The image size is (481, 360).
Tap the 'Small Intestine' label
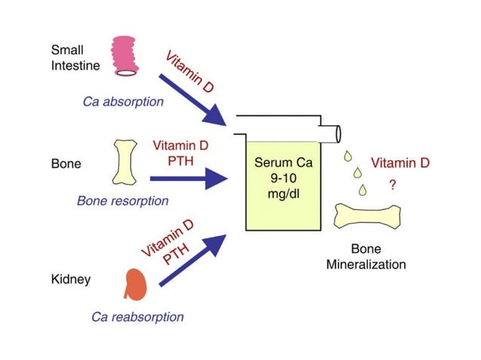[x=73, y=58]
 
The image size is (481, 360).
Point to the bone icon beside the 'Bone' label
[x=126, y=162]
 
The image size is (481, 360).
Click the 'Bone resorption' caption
[x=123, y=201]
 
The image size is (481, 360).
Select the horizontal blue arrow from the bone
[x=188, y=179]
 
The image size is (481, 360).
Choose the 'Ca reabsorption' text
[x=137, y=317]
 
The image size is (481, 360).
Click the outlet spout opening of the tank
[x=337, y=133]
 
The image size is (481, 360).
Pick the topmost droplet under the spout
[x=347, y=157]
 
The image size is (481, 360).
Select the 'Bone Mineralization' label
[x=366, y=257]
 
